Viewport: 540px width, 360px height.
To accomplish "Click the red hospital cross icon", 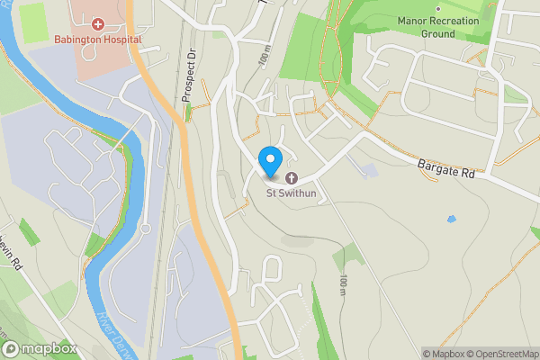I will coord(96,24).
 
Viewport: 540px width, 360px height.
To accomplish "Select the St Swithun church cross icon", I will coord(291,176).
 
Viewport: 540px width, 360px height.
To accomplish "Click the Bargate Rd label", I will coord(445,168).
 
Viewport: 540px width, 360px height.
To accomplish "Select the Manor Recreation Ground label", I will coord(437,26).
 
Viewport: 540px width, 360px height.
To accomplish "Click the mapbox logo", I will coord(40,348).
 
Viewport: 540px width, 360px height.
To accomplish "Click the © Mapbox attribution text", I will coord(443,353).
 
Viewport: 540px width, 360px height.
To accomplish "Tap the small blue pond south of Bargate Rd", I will coord(451,218).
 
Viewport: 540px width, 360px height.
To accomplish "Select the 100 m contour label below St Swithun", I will coord(343,286).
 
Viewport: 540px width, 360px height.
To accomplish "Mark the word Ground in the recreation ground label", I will coord(437,33).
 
